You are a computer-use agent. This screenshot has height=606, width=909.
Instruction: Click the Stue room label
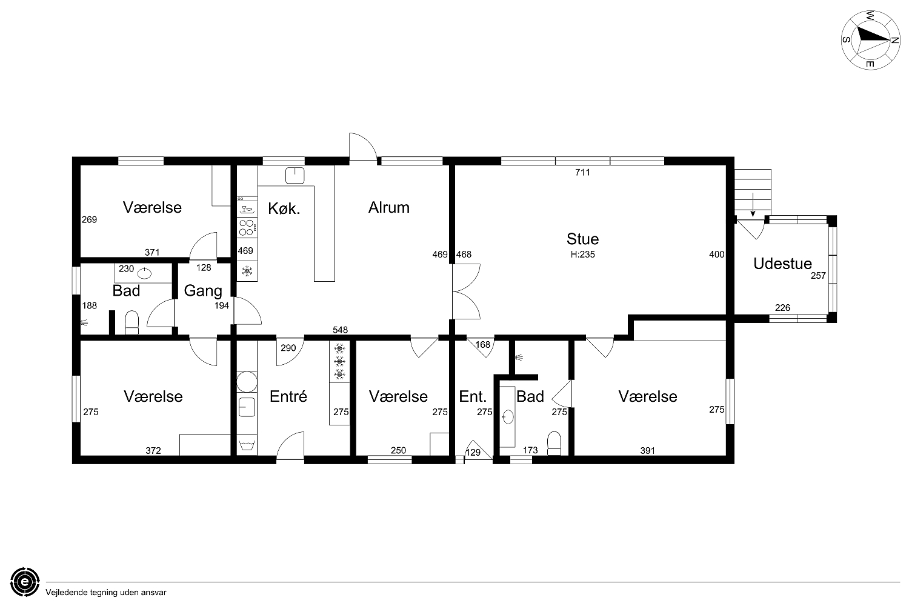point(582,239)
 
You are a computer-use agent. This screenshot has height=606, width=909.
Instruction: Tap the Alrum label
point(389,207)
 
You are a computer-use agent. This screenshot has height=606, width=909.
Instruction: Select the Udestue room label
point(782,264)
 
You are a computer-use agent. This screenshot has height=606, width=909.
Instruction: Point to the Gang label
point(203,291)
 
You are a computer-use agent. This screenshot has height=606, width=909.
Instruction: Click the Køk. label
point(284,208)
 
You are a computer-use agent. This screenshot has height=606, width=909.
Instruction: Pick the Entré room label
point(288,396)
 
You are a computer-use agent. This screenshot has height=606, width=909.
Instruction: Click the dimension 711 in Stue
point(582,172)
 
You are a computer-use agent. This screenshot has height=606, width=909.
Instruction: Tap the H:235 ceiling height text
point(582,255)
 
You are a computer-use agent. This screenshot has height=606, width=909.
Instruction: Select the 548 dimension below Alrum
point(340,330)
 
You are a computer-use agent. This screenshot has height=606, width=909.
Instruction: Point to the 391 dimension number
point(647,450)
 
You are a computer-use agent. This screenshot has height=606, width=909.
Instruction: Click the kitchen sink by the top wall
point(295,175)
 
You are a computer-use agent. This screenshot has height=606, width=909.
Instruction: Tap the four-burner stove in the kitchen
point(247,227)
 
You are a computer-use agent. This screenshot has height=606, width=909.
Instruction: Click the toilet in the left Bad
point(132,322)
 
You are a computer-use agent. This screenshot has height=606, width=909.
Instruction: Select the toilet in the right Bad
point(554,444)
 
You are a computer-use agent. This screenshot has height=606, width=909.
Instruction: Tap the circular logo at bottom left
point(25,582)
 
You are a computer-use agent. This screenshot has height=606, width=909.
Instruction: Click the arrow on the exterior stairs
point(753,205)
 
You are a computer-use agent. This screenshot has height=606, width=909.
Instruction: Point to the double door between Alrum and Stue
point(466,291)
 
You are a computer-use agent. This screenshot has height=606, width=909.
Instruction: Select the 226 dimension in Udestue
point(782,308)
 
